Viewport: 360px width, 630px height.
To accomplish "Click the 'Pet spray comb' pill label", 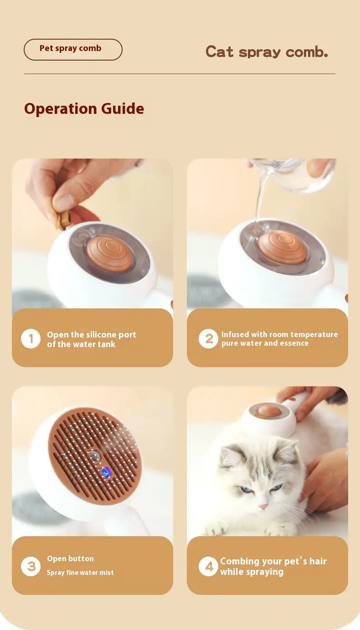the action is (73, 50).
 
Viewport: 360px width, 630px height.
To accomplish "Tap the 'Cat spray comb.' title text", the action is (267, 52).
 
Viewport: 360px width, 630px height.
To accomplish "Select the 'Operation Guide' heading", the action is (84, 108).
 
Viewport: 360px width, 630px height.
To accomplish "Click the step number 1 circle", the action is (31, 338).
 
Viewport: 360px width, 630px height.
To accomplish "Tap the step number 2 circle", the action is (208, 338).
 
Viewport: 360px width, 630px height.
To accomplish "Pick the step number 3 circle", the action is (31, 566).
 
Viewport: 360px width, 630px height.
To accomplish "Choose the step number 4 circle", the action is (208, 566).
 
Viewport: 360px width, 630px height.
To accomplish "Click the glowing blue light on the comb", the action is (106, 472).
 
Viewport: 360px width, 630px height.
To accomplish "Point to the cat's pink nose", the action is (263, 507).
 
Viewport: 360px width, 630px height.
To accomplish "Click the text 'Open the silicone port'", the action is (92, 335).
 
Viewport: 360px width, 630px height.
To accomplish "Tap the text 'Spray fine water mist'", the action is (80, 573).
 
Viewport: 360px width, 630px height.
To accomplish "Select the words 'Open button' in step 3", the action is (70, 558).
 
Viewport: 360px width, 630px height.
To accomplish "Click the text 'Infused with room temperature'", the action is (279, 334).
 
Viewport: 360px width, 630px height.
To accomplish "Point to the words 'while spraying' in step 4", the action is (252, 572).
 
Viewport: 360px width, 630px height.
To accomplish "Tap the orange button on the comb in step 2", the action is (282, 247).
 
